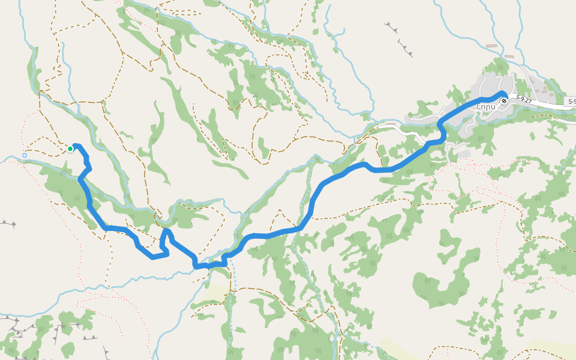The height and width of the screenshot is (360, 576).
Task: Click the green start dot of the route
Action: click(x=70, y=149)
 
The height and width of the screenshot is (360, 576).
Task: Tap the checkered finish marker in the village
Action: click(x=505, y=100)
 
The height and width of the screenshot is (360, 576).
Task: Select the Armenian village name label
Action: click(x=486, y=107)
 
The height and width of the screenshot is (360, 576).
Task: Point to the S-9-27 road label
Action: click(x=523, y=100)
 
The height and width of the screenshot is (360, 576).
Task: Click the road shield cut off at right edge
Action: click(x=572, y=102)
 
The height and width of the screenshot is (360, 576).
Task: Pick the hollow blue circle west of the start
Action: click(x=25, y=155)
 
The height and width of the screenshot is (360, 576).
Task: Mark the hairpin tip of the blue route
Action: click(x=165, y=230)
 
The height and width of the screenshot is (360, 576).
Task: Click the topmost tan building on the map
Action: click(x=492, y=46)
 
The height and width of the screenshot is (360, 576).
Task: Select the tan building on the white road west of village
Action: click(x=391, y=124)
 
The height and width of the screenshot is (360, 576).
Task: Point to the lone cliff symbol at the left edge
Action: click(x=7, y=224)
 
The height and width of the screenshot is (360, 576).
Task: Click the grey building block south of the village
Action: click(x=463, y=154)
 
